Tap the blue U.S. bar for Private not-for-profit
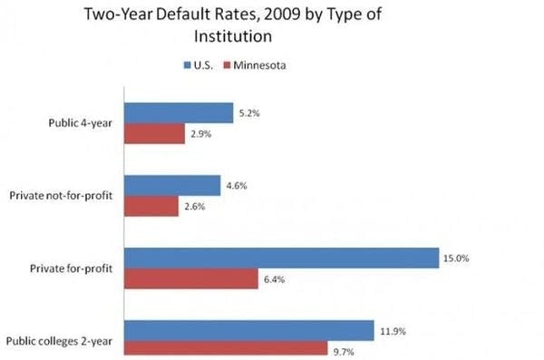pyautogui.click(x=172, y=185)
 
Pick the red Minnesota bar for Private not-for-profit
pyautogui.click(x=151, y=206)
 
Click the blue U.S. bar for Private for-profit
pyautogui.click(x=282, y=258)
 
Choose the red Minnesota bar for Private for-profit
pyautogui.click(x=191, y=279)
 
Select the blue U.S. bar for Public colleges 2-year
pyautogui.click(x=249, y=330)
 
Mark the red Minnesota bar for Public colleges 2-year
pyautogui.click(x=225, y=348)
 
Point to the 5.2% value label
pyautogui.click(x=251, y=112)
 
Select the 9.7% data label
pyautogui.click(x=342, y=349)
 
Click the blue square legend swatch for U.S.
pyautogui.click(x=187, y=65)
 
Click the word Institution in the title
pyautogui.click(x=234, y=37)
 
